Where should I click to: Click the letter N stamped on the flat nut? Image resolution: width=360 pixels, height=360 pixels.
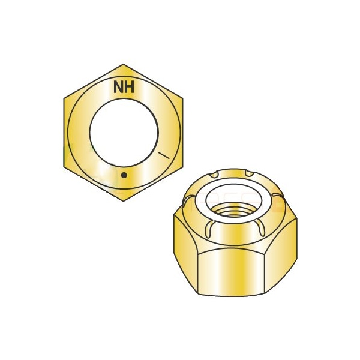click(x=118, y=87)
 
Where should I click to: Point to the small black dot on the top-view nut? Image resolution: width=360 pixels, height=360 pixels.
click(x=124, y=175)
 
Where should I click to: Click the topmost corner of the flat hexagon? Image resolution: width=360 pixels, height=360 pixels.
click(x=124, y=64)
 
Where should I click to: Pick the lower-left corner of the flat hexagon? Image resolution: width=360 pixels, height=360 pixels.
click(x=64, y=166)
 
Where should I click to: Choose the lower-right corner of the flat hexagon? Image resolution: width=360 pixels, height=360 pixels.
click(x=183, y=166)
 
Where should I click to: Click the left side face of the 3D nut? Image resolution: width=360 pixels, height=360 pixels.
click(x=185, y=252)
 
